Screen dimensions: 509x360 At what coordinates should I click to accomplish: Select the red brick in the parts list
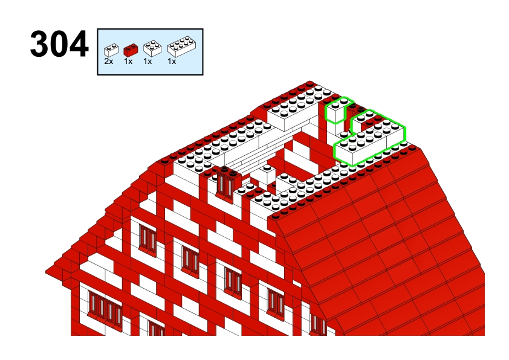(x=131, y=50)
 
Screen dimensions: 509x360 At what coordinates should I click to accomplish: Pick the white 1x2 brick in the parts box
(x=111, y=50)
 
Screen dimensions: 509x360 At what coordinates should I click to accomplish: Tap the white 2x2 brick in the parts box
(x=152, y=48)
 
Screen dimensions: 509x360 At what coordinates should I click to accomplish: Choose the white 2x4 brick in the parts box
(x=181, y=47)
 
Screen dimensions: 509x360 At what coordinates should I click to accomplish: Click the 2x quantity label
(x=109, y=61)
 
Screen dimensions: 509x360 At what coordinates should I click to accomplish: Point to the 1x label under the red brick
(x=128, y=61)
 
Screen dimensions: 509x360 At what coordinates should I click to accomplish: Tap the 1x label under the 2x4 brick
(x=172, y=61)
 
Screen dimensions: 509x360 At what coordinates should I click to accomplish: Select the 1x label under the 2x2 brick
(x=148, y=61)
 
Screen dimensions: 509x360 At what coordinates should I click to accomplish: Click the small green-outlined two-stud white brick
(x=336, y=111)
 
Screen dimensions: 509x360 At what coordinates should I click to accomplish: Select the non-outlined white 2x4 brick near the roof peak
(x=292, y=112)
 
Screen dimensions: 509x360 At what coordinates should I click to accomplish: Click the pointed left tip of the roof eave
(x=46, y=272)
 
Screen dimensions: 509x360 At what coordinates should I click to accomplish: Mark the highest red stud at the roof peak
(x=310, y=85)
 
